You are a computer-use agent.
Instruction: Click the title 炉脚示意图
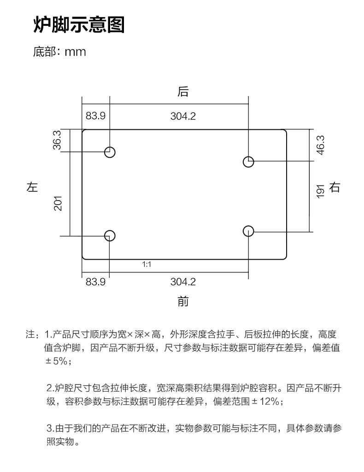(x=79, y=25)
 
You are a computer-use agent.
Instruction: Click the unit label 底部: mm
(x=59, y=52)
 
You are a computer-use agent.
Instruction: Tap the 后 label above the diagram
(x=183, y=92)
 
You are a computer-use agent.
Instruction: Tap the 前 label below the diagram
(x=183, y=301)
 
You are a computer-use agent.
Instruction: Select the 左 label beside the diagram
(x=32, y=187)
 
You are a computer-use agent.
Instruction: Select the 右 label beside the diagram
(x=335, y=187)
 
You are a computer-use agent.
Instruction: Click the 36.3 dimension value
(x=57, y=140)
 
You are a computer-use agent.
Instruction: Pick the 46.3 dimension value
(x=320, y=145)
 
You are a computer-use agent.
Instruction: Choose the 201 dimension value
(x=58, y=203)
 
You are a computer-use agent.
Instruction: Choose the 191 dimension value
(x=320, y=191)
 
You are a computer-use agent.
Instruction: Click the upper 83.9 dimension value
(x=95, y=115)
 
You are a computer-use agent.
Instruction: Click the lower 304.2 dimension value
(x=183, y=282)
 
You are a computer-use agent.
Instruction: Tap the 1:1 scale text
(x=147, y=265)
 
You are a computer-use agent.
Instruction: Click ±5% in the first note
(x=56, y=361)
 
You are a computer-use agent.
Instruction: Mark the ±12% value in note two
(x=265, y=401)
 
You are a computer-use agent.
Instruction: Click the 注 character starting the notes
(x=30, y=334)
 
